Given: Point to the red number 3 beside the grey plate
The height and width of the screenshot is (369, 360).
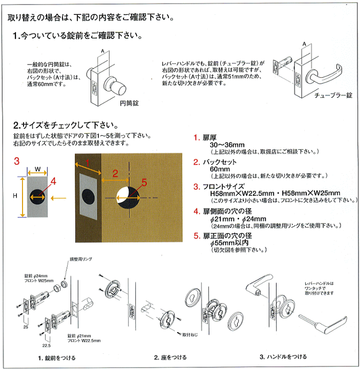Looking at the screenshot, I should (x=16, y=161).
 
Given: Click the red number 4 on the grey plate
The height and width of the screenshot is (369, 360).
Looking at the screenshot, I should (x=53, y=181).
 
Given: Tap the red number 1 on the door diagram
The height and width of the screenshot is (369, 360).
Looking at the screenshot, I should (x=87, y=161).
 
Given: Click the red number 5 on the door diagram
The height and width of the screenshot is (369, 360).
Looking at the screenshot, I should (x=144, y=182).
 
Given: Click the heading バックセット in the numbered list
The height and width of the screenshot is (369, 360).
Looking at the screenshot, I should (x=221, y=162).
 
